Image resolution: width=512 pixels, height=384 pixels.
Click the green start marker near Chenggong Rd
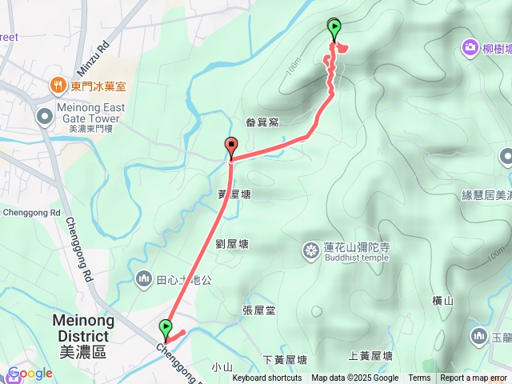point(166,328)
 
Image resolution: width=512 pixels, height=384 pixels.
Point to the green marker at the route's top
point(334,29)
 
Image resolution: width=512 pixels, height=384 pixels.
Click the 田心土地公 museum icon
point(144,279)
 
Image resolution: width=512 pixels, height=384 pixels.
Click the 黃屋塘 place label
point(234,194)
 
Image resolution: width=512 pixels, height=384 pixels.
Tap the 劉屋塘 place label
point(232,244)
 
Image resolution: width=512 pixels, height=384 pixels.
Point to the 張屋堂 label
point(258,310)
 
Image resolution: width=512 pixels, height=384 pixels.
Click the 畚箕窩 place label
point(262,122)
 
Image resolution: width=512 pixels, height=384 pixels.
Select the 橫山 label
point(442,301)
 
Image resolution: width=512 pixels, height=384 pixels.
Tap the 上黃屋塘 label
point(370,355)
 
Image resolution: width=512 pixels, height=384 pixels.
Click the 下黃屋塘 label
point(285,360)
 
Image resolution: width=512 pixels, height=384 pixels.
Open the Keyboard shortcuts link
point(267,378)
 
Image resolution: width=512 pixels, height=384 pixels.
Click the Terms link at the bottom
point(419,378)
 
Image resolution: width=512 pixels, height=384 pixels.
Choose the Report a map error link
point(474,378)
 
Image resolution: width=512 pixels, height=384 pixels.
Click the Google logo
point(30,374)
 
